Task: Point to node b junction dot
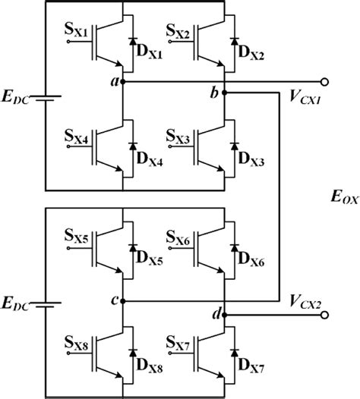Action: click(x=226, y=93)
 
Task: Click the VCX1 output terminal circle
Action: click(x=326, y=80)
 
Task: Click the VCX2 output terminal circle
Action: click(x=326, y=314)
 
